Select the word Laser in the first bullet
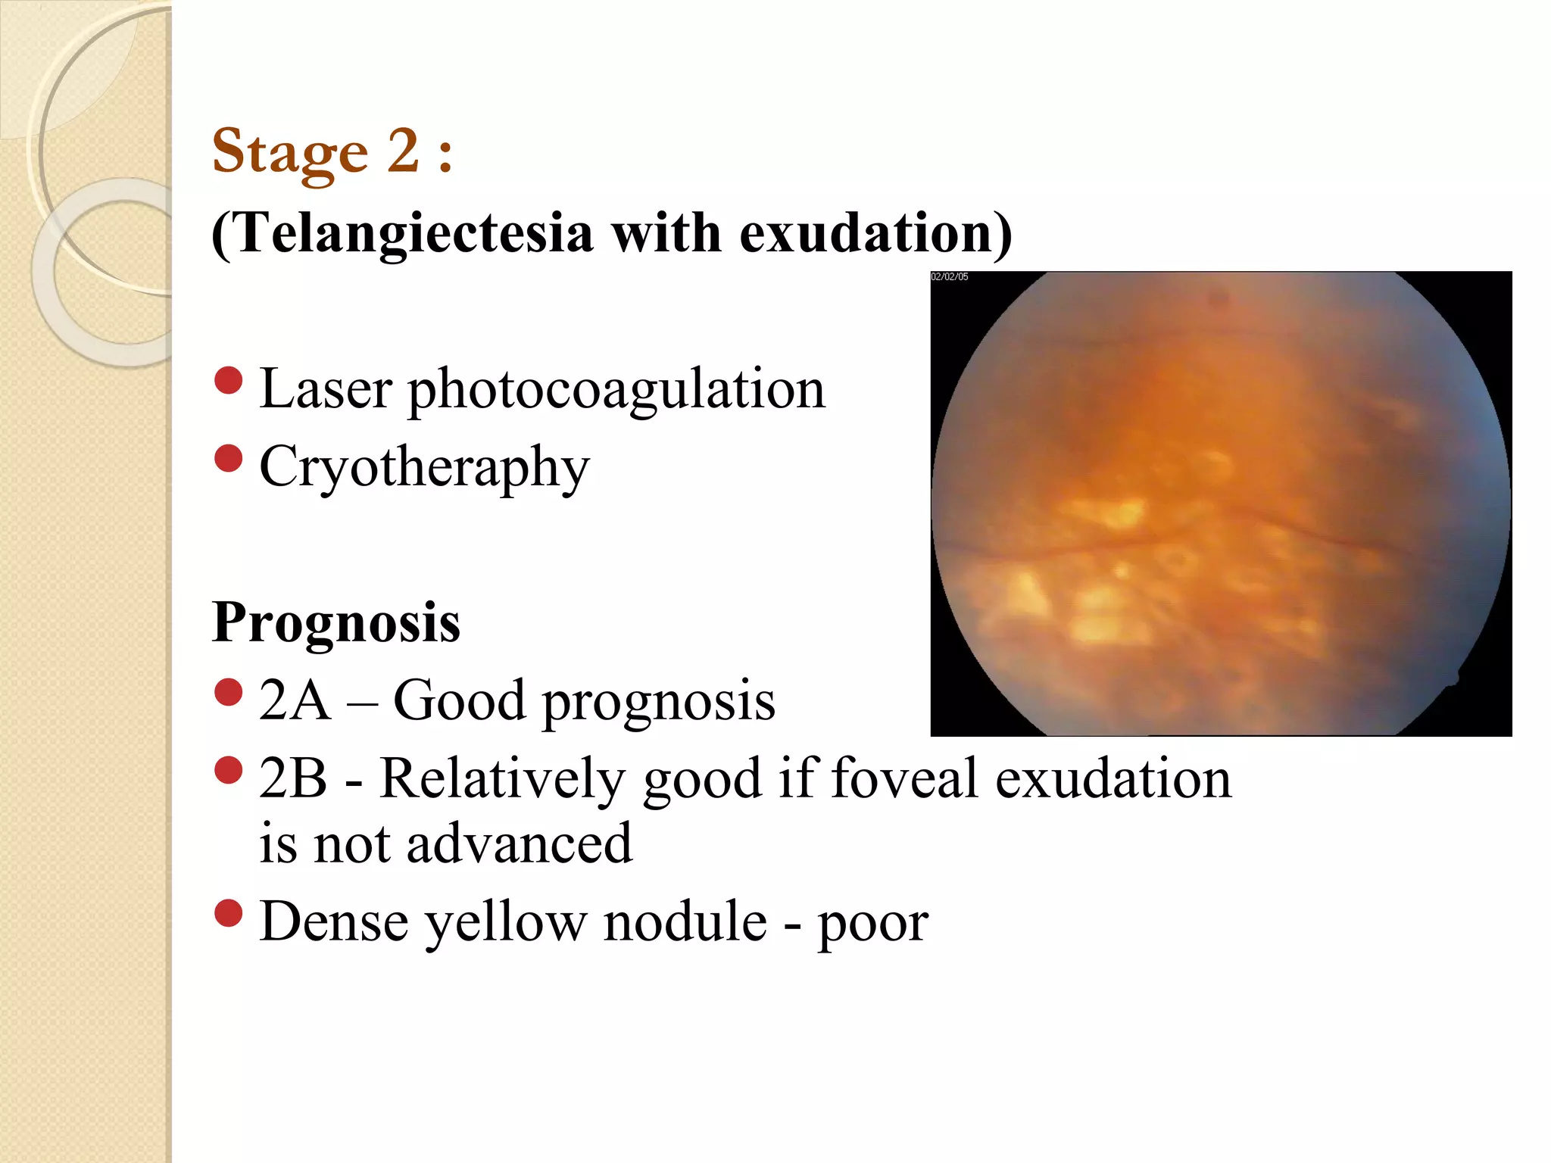tap(326, 389)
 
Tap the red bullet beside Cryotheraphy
tap(228, 458)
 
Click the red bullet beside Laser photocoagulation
tap(228, 381)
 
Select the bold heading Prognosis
tap(336, 623)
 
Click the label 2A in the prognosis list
tap(295, 700)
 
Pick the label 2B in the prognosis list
tap(293, 778)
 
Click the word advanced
tap(519, 843)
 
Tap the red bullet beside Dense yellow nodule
tap(228, 913)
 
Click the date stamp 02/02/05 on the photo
tap(950, 277)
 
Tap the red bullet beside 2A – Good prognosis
tap(228, 691)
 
